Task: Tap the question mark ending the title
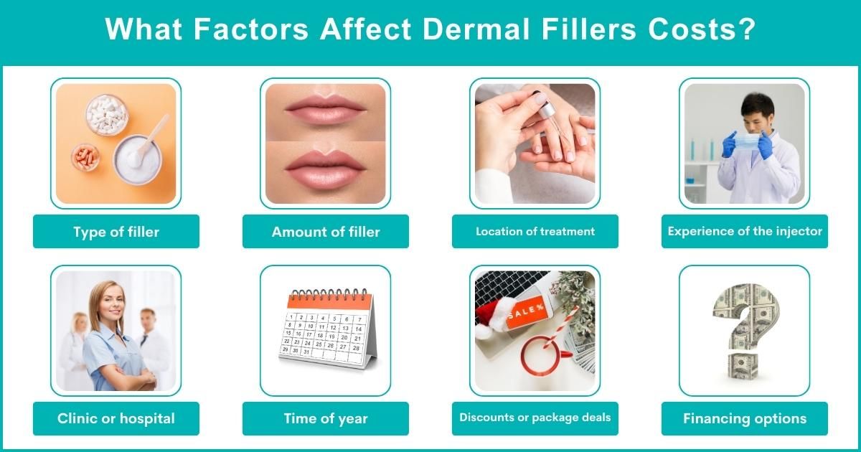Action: [x=746, y=31]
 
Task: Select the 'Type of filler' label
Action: [x=116, y=232]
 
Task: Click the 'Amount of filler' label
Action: [x=326, y=232]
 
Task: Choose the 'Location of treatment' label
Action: [x=535, y=232]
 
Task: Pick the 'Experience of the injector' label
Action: [x=745, y=232]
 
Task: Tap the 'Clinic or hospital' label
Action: [x=116, y=418]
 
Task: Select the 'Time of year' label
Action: [x=326, y=418]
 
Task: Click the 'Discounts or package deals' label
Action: [x=535, y=418]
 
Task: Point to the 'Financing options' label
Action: [x=745, y=418]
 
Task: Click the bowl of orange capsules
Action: [x=85, y=157]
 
